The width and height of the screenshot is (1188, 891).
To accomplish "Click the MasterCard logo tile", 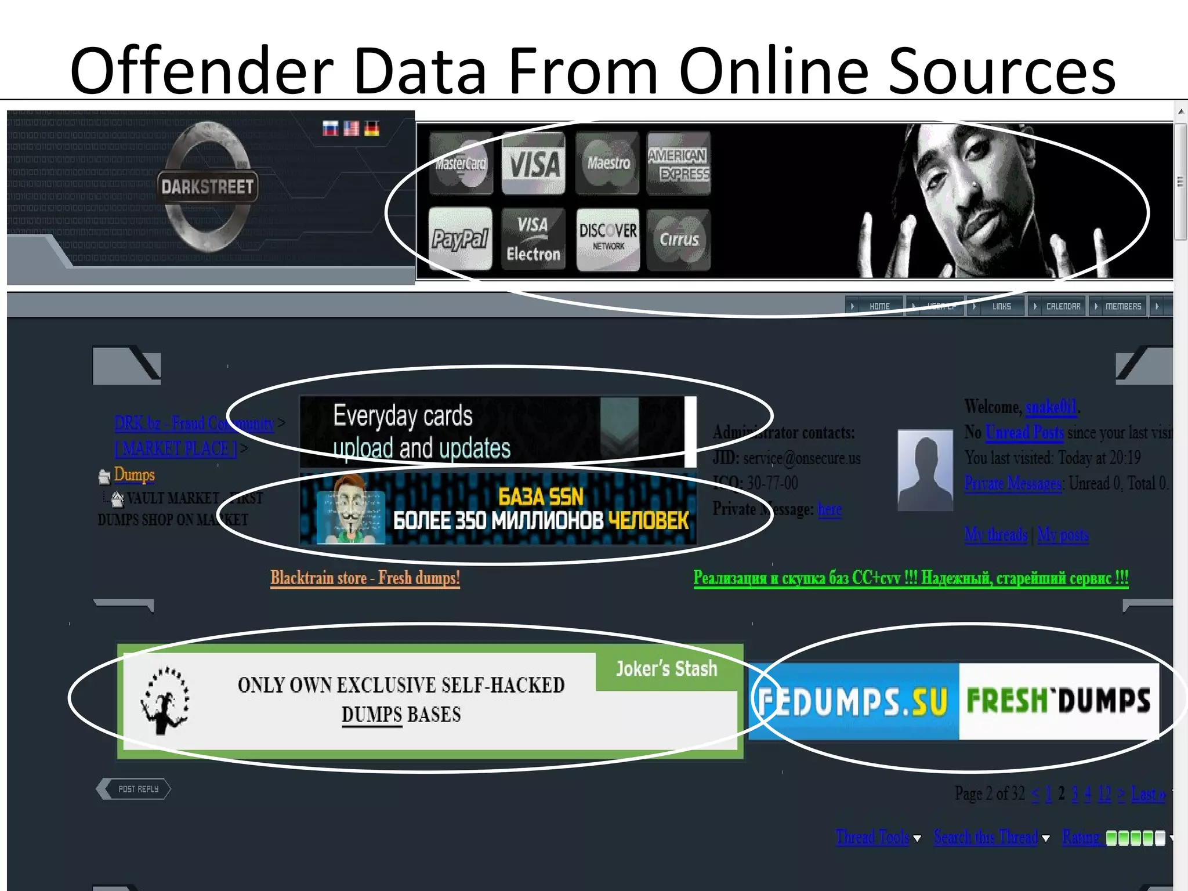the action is (461, 164).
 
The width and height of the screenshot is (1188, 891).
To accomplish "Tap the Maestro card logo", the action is (607, 164).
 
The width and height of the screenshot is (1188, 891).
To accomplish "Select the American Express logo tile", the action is (678, 164).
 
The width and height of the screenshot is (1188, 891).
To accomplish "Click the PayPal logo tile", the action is (460, 239).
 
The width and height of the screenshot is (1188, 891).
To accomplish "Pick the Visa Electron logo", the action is (533, 239).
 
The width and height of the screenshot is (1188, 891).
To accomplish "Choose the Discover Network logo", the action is (608, 239).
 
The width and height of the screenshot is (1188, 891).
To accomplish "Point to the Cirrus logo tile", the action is (679, 239).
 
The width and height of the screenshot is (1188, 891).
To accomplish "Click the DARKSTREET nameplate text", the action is (207, 187).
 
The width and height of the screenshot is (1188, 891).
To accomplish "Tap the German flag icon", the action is (372, 128).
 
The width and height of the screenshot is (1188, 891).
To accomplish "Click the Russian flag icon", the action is (331, 128).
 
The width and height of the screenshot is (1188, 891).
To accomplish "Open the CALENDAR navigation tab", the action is (1063, 306).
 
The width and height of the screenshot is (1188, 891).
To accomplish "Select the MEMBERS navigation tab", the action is (1122, 306).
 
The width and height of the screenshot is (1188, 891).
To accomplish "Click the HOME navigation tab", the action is (879, 306).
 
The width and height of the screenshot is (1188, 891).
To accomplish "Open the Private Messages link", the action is (1013, 483).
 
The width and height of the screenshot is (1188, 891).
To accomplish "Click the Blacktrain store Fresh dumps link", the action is (365, 578).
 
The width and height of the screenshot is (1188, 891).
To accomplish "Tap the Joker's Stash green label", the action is (667, 669).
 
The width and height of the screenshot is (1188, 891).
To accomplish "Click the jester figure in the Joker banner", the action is (165, 701).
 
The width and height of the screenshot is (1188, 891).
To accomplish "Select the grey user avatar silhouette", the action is (925, 470).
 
